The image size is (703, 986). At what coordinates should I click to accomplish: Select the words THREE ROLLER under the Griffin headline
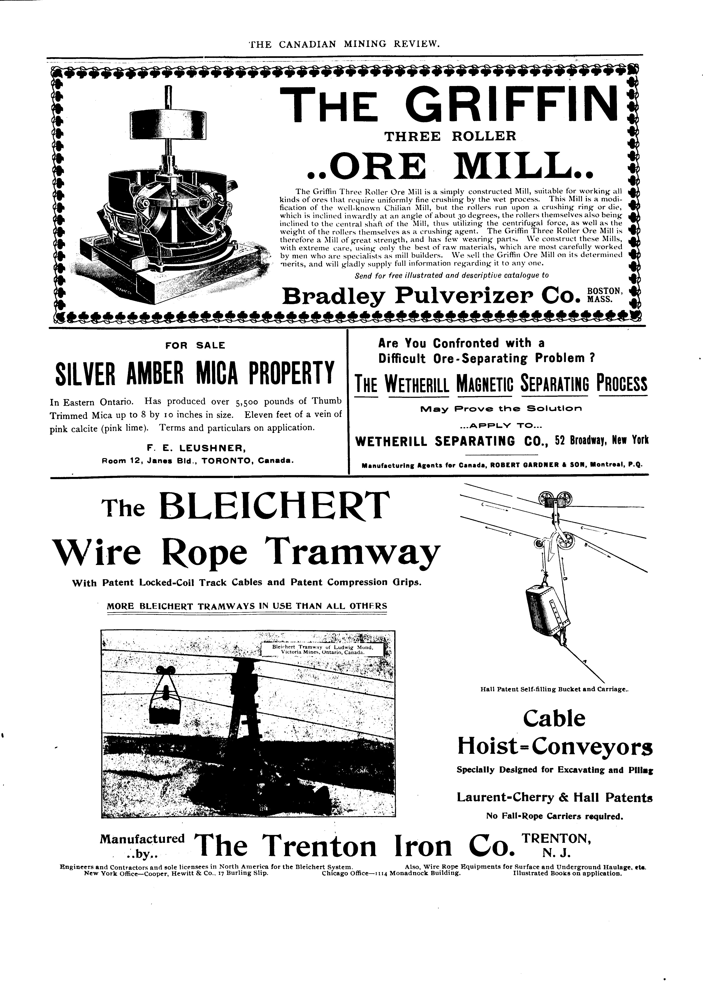(450, 137)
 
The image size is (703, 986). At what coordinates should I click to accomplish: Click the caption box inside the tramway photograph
(323, 650)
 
